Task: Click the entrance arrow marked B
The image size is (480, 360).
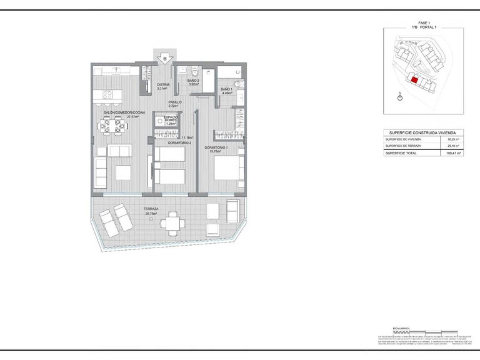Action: tap(164, 59)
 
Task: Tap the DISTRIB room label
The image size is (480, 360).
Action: tap(164, 85)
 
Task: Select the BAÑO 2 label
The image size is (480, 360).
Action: tap(194, 81)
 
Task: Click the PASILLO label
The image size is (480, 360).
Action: tap(175, 102)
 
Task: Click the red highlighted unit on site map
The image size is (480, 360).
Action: tap(413, 79)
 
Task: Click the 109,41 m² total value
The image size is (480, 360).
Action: tap(454, 152)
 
